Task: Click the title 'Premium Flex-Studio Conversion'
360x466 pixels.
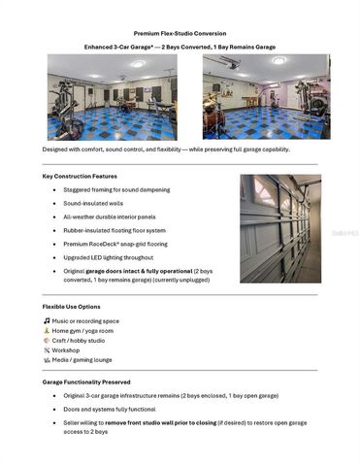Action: point(180,32)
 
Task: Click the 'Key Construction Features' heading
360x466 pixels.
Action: point(80,176)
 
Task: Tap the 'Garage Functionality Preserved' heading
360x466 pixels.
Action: point(86,382)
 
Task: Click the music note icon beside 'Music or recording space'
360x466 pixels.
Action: point(47,320)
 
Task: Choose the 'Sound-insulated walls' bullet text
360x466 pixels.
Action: point(95,204)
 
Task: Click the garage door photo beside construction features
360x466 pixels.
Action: point(280,228)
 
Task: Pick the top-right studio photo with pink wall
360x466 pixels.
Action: point(266,97)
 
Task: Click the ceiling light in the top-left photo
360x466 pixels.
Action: point(138,64)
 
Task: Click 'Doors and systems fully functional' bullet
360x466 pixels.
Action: point(121,410)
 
